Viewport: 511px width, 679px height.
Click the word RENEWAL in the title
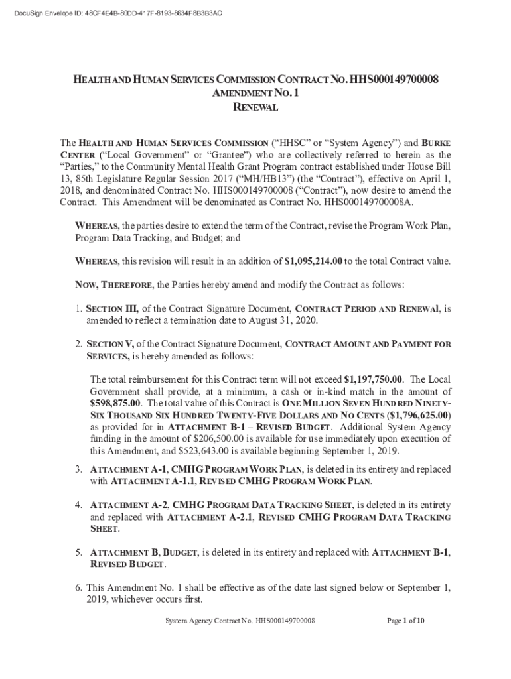pos(256,107)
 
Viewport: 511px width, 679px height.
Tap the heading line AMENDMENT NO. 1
pos(256,93)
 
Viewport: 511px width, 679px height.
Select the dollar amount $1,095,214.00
pos(323,261)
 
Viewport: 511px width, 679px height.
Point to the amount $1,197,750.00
pos(374,380)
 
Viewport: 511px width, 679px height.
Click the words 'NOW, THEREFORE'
pos(114,285)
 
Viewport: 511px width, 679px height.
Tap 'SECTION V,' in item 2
pos(110,344)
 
